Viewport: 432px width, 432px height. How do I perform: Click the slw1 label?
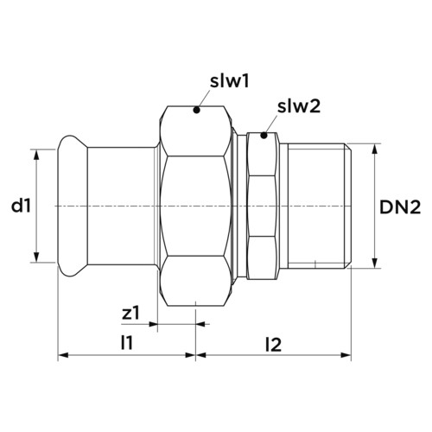[229, 82]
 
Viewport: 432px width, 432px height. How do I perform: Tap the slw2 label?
[299, 107]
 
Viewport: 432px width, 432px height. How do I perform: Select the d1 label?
[21, 206]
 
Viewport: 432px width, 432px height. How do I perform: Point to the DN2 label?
[400, 207]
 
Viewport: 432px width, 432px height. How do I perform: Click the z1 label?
[130, 314]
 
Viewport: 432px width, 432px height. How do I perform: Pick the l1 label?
[127, 343]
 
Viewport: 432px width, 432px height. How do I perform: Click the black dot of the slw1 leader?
[196, 110]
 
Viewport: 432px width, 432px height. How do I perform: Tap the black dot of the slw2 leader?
[264, 135]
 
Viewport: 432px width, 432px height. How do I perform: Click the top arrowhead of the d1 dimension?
[36, 155]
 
